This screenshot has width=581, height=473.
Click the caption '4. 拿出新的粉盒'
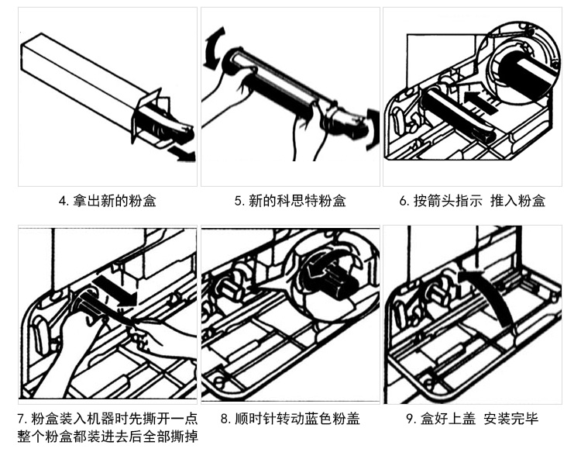coord(107,201)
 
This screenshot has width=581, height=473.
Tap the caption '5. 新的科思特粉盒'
coord(290,201)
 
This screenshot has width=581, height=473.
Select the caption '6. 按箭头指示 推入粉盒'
coord(472,201)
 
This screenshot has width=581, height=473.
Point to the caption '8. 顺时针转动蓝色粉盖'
coord(290,419)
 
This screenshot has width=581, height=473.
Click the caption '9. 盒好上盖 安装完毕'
coord(472,419)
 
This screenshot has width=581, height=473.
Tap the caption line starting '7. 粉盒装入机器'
coord(107,419)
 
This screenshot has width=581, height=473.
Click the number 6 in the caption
coord(404,201)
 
